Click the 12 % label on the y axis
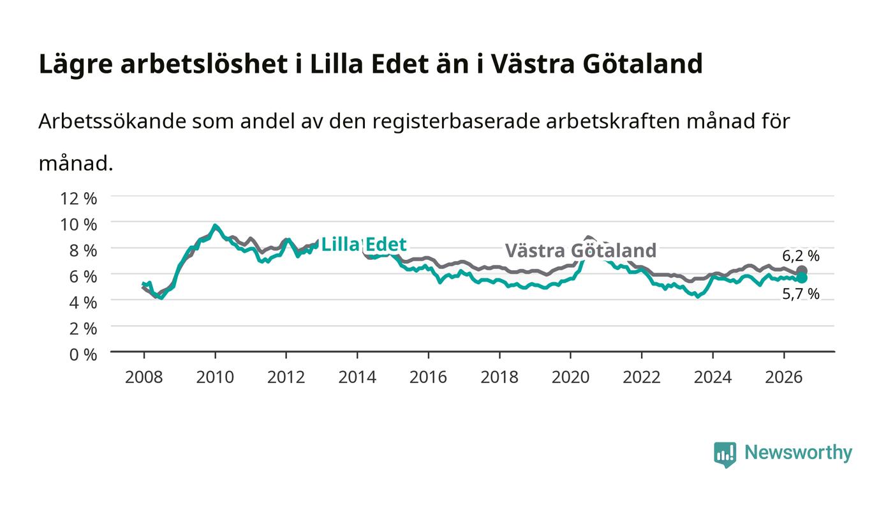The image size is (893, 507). [78, 199]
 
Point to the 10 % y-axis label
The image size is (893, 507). [78, 225]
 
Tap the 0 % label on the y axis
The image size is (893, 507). [83, 354]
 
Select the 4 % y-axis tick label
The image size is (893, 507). [83, 303]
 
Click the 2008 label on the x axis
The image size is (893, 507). [144, 377]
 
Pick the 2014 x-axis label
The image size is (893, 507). [357, 377]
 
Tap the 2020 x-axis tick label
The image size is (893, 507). [570, 377]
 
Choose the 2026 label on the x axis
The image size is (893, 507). [784, 377]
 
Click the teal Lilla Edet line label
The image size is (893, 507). [364, 245]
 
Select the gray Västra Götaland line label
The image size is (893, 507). [580, 251]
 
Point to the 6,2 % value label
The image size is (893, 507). [801, 256]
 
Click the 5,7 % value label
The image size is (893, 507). [801, 294]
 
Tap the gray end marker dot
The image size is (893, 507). [802, 271]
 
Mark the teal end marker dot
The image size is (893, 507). [802, 278]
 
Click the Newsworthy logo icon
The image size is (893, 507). [725, 455]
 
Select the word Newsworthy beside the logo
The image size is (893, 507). [799, 453]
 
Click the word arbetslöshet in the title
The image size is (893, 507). [203, 64]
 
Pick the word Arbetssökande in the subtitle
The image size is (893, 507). [112, 121]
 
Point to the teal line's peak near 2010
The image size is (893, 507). [215, 225]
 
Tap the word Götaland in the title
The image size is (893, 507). [643, 64]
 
